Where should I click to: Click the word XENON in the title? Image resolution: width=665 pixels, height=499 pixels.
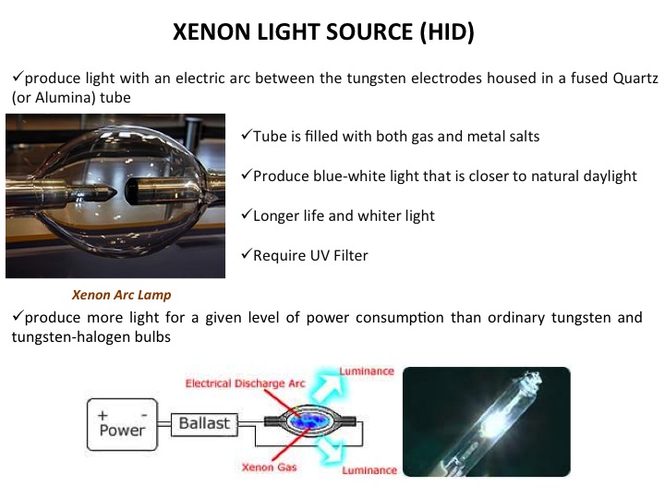coord(212,31)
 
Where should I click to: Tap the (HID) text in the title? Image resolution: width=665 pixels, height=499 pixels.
coord(447,32)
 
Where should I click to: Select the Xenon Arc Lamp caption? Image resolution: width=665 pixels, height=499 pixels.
coord(121,295)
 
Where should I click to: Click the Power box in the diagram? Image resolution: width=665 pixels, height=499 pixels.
coord(122,424)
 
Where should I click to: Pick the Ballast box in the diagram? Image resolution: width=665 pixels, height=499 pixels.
coord(204,424)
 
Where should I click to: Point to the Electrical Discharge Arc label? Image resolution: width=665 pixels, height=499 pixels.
coord(245,383)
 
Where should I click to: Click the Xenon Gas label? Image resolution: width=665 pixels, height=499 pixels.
coord(270,468)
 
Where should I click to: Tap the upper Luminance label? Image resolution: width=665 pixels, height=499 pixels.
coord(367,371)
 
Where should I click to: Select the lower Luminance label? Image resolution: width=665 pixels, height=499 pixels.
coord(369,470)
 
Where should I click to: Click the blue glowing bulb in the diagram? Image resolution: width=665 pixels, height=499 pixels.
coord(309,421)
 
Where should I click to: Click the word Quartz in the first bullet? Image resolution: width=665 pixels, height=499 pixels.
coord(635,79)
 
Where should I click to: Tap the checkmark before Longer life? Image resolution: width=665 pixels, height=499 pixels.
coord(247,214)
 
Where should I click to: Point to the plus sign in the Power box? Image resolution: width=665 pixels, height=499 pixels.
coord(103,416)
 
